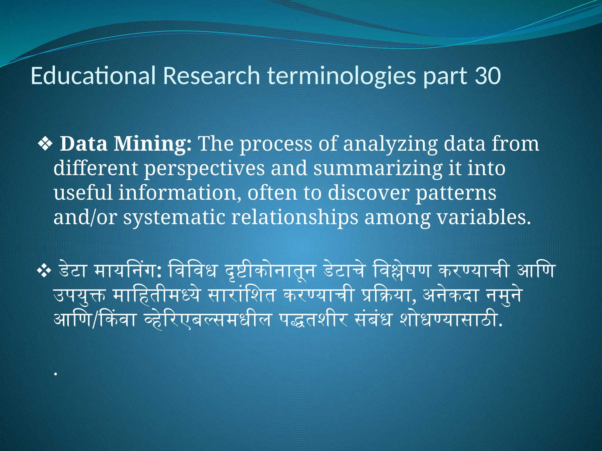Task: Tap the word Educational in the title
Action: click(93, 76)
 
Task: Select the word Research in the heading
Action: click(211, 76)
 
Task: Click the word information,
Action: click(180, 193)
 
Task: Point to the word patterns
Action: click(456, 193)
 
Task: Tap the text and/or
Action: click(85, 218)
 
